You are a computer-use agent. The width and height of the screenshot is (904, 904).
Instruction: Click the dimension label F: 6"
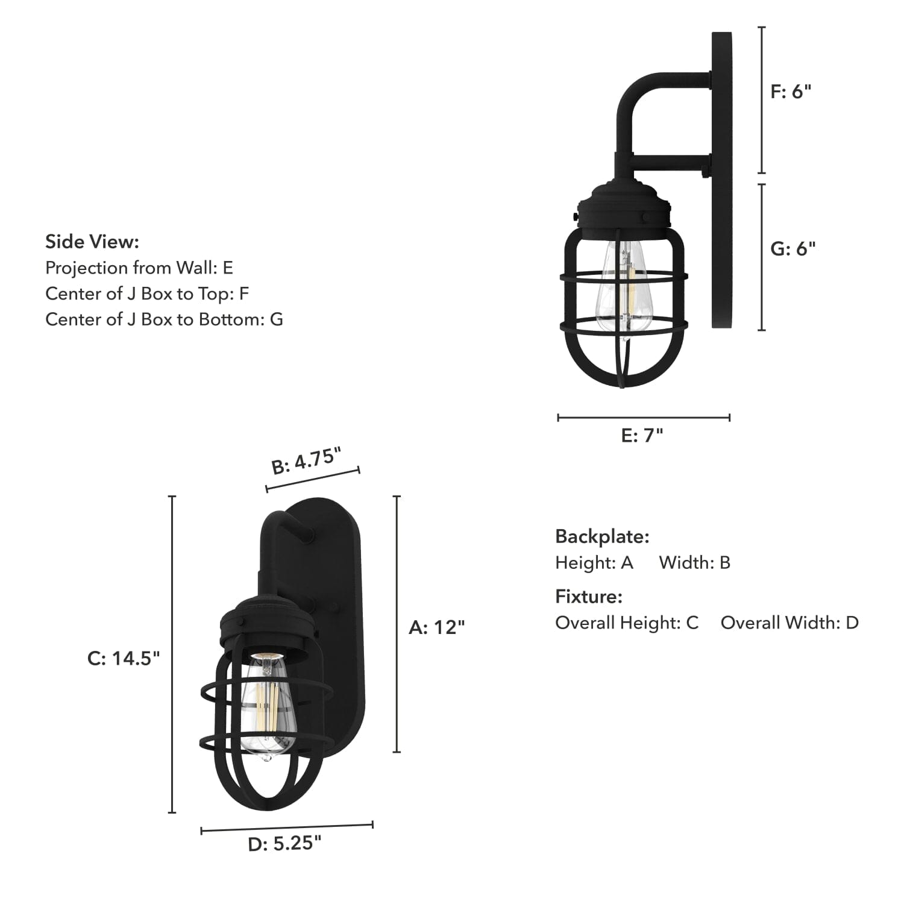(x=791, y=92)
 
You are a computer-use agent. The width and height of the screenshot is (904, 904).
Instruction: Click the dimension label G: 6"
(x=793, y=248)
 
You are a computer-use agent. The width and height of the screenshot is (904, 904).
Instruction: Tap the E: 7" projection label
(x=642, y=435)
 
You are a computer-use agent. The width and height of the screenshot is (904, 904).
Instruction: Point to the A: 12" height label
(x=436, y=627)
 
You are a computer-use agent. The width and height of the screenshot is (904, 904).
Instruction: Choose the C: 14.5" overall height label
(x=124, y=658)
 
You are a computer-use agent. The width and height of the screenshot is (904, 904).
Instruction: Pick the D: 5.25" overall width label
(x=284, y=844)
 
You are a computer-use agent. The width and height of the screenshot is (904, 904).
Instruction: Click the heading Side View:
(x=92, y=242)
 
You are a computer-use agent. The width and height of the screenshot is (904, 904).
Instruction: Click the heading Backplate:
(x=602, y=536)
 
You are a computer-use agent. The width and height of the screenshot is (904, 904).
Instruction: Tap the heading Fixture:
(x=588, y=596)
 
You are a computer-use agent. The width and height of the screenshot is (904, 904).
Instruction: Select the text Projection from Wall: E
(x=139, y=268)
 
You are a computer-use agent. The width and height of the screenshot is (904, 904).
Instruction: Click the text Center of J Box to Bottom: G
(x=164, y=319)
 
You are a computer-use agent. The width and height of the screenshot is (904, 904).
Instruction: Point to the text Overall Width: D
(x=789, y=623)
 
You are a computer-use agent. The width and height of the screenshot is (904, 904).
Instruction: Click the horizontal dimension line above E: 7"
(x=644, y=417)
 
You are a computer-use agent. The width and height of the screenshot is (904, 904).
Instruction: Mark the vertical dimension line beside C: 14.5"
(x=172, y=654)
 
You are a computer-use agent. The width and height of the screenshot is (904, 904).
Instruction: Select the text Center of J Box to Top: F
(x=147, y=293)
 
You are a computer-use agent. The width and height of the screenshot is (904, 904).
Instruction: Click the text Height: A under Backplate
(x=594, y=562)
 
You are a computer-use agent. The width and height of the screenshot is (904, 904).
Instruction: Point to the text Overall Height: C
(x=627, y=623)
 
